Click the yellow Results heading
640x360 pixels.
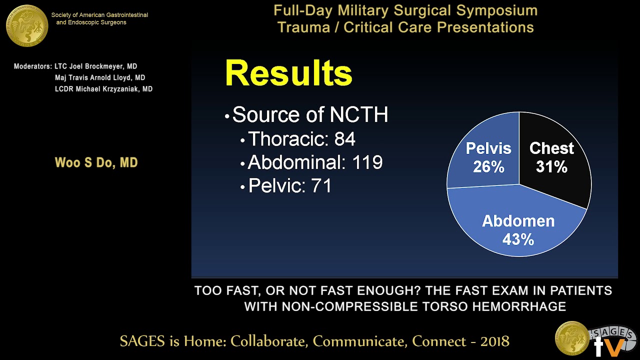point(288,73)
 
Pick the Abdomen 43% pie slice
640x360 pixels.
point(518,230)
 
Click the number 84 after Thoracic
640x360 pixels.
point(344,139)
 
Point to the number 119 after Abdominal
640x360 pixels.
point(367,162)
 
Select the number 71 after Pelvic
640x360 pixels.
point(321,186)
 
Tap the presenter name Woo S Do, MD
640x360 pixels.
point(96,163)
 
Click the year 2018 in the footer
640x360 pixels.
point(494,341)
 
